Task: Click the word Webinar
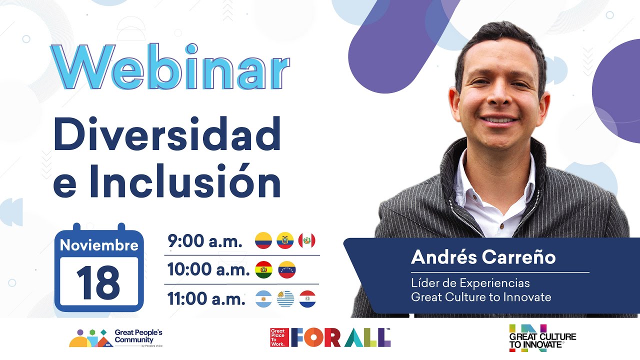(x=170, y=67)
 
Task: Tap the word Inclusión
(x=185, y=181)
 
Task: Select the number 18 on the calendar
(x=98, y=283)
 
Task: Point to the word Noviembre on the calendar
(x=99, y=245)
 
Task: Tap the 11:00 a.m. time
(x=206, y=298)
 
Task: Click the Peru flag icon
(x=307, y=240)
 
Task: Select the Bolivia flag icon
(x=263, y=269)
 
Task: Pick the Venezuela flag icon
(x=287, y=269)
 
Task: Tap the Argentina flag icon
(x=263, y=299)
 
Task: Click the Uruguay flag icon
(x=285, y=299)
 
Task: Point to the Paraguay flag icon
(x=307, y=299)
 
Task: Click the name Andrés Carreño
(x=483, y=257)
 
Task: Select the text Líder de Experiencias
(x=470, y=283)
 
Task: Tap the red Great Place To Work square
(x=279, y=337)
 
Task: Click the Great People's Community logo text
(x=138, y=336)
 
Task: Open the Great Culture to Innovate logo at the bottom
(x=542, y=338)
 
